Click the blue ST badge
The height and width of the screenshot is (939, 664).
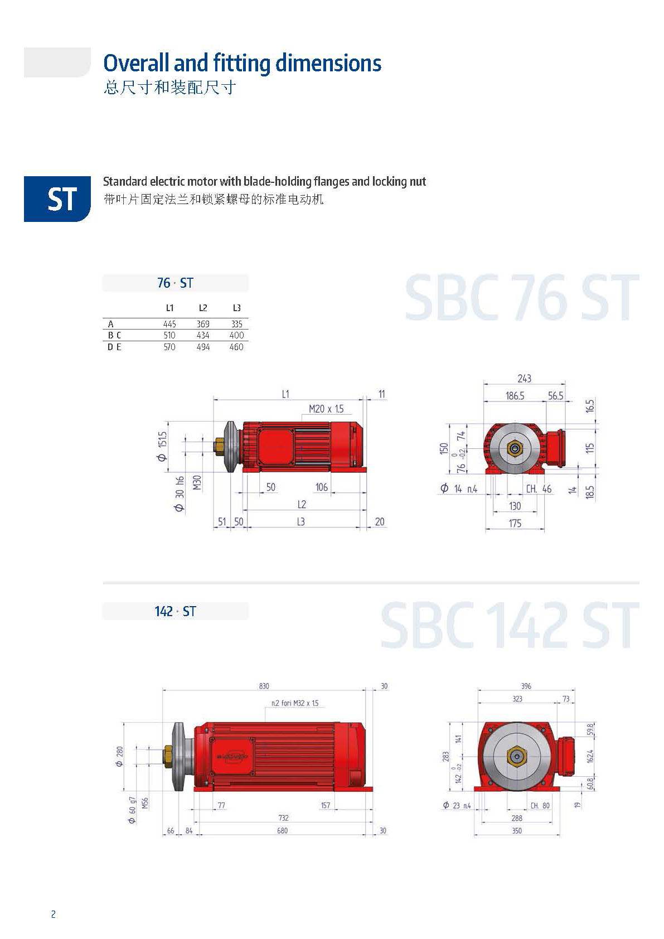click(x=57, y=199)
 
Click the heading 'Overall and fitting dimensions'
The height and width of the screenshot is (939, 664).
click(x=242, y=63)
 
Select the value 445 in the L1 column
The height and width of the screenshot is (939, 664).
click(x=169, y=324)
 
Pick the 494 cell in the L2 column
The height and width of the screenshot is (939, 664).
click(x=203, y=347)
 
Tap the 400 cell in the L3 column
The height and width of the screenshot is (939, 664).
click(x=236, y=335)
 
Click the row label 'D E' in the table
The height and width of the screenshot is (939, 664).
click(x=114, y=347)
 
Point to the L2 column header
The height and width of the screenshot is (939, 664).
click(x=203, y=308)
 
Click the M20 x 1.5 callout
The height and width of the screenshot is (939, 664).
click(x=327, y=409)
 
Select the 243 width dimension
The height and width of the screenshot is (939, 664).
click(x=524, y=379)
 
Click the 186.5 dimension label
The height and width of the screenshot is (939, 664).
click(x=515, y=396)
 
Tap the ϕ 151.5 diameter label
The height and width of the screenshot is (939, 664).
click(x=162, y=446)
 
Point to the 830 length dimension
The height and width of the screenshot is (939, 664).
click(x=264, y=686)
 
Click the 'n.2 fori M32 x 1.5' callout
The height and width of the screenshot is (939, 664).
click(x=295, y=703)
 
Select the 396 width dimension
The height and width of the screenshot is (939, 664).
click(x=526, y=686)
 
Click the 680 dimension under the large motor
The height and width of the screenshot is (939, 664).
click(x=283, y=831)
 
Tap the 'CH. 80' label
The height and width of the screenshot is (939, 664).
click(x=540, y=805)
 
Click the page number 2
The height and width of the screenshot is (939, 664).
click(x=54, y=914)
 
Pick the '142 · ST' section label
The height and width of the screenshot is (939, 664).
click(x=175, y=612)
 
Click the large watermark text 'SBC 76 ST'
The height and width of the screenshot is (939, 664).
click(x=521, y=298)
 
